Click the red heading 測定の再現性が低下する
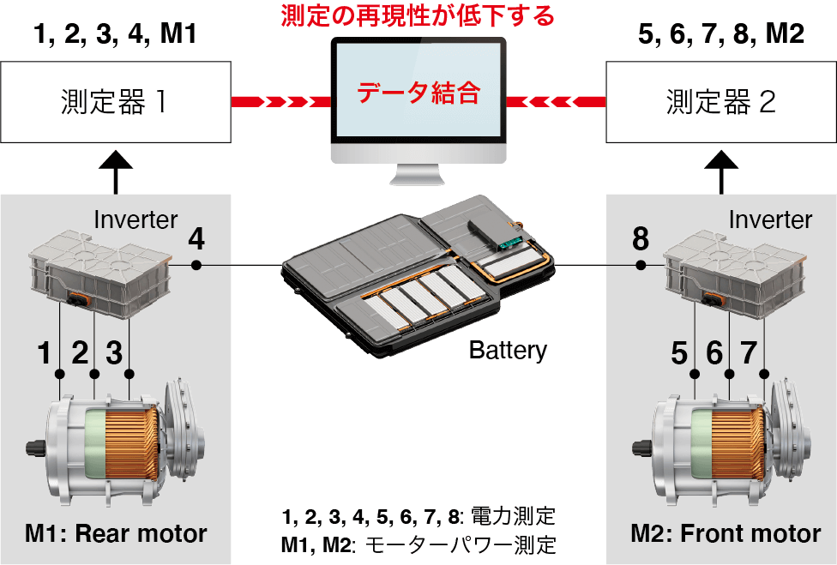(x=418, y=15)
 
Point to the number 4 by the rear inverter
(x=196, y=239)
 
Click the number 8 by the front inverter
(x=641, y=239)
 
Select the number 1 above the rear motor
(x=45, y=352)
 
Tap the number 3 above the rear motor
(x=114, y=352)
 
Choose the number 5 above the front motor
(x=679, y=352)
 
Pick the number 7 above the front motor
(x=749, y=352)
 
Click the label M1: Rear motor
(x=116, y=534)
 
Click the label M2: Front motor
(x=726, y=534)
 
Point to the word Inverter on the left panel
(x=135, y=219)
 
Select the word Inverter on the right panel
(x=770, y=219)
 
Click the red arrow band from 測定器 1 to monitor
(x=281, y=102)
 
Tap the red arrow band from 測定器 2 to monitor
(x=557, y=102)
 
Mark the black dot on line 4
(x=196, y=266)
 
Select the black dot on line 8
(x=641, y=266)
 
